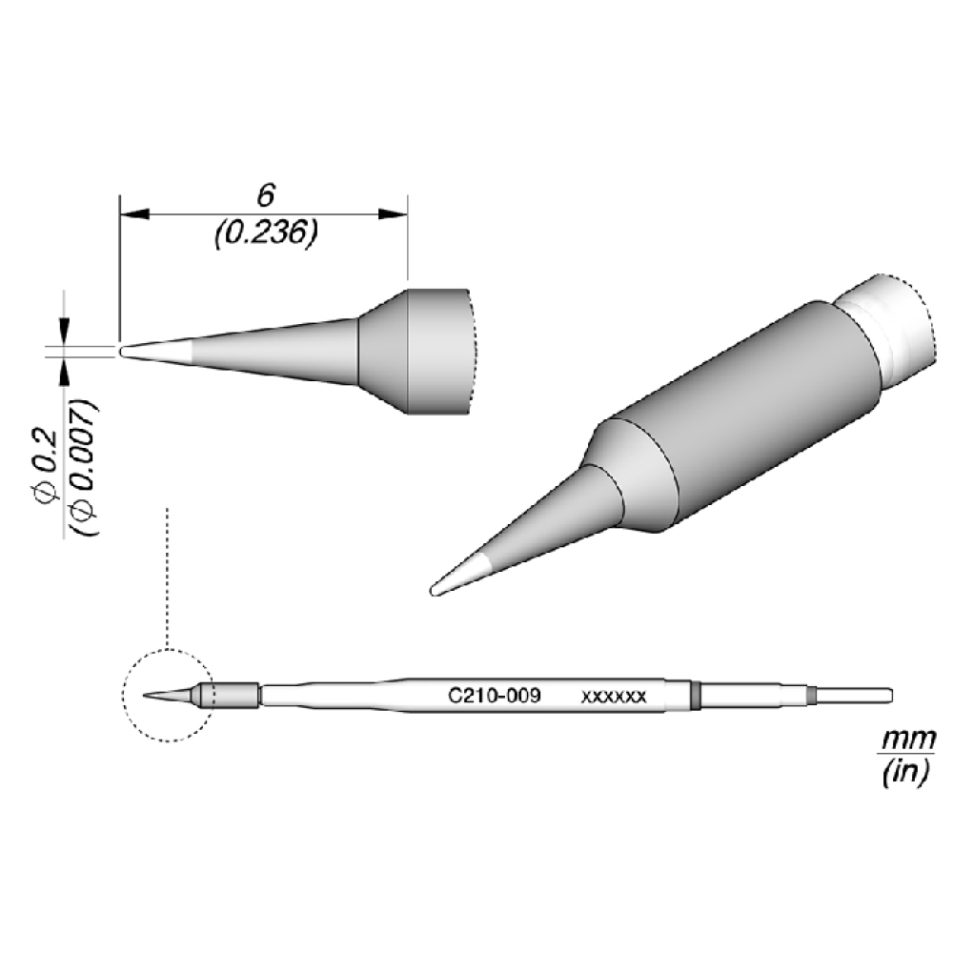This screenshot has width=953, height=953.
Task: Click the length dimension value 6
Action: tap(266, 195)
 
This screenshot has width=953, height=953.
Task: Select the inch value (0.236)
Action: tap(266, 233)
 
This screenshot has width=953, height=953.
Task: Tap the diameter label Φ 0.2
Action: tap(47, 467)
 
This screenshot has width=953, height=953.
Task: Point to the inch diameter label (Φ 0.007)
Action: tap(83, 467)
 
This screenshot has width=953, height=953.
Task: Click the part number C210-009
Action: tap(494, 695)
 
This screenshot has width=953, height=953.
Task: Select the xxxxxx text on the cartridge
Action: tap(613, 697)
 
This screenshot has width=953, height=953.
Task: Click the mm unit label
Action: tap(908, 740)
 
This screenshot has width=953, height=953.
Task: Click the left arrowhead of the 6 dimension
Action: tap(134, 213)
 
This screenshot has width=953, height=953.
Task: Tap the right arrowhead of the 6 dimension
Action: tap(393, 213)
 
